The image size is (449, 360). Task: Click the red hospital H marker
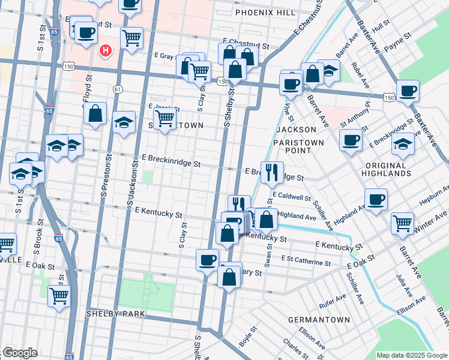(106, 50)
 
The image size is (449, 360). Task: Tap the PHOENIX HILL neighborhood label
(265, 13)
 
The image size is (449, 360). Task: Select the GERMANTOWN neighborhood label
(318, 320)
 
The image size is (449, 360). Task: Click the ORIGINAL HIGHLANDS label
(386, 169)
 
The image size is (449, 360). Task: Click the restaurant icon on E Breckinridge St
(272, 172)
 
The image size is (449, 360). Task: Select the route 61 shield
(118, 89)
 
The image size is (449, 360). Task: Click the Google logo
(19, 353)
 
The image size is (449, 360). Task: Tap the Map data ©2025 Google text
(411, 355)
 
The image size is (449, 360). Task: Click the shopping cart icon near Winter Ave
(402, 223)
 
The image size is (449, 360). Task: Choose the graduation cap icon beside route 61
(124, 123)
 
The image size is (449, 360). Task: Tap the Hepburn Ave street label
(433, 197)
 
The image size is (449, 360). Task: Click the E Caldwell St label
(291, 196)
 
